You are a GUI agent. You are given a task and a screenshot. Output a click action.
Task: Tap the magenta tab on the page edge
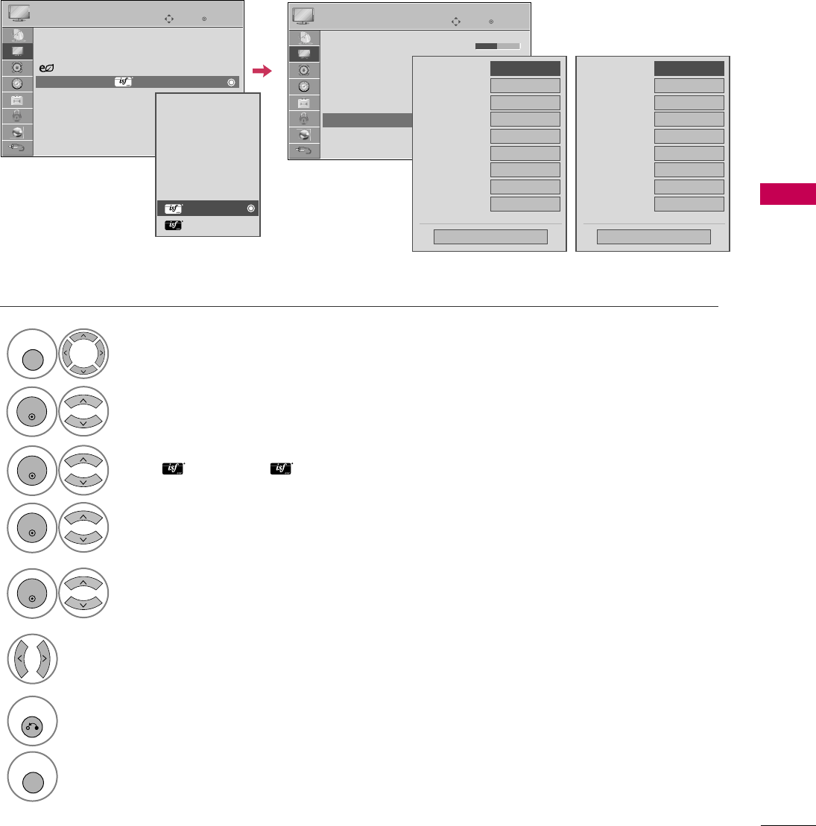pyautogui.click(x=788, y=194)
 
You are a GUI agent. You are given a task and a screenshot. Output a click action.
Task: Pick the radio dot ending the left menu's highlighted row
pyautogui.click(x=232, y=82)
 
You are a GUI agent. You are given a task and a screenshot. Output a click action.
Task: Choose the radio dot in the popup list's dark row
pyautogui.click(x=251, y=209)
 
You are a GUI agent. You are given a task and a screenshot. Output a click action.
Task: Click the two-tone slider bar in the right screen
pyautogui.click(x=497, y=46)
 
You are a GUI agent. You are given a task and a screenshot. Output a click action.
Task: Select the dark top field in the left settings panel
pyautogui.click(x=525, y=68)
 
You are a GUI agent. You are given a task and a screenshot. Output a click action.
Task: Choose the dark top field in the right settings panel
pyautogui.click(x=689, y=68)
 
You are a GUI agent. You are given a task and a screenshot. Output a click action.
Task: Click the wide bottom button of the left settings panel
pyautogui.click(x=490, y=237)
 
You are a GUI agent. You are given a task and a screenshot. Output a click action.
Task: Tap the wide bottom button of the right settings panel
pyautogui.click(x=654, y=237)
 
